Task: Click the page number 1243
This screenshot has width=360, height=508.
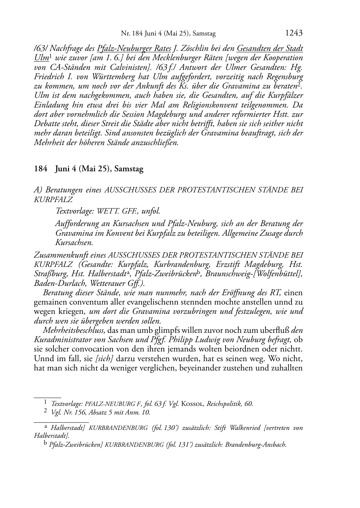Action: [x=294, y=33]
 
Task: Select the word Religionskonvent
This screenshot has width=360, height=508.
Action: [x=213, y=105]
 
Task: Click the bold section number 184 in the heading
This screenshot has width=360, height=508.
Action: [x=41, y=169]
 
